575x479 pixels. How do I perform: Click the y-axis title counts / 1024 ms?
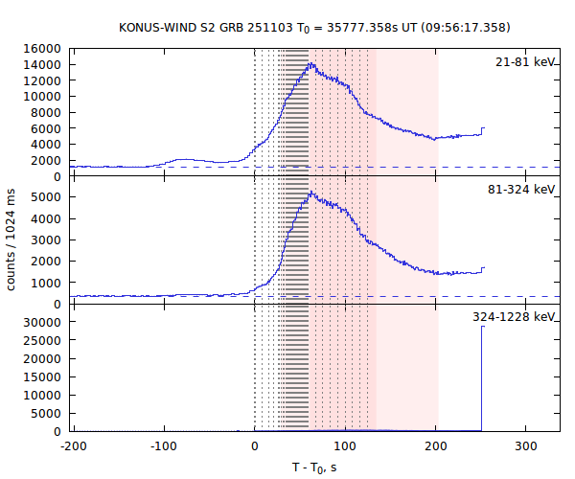12,239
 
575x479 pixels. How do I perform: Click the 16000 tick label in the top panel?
45,49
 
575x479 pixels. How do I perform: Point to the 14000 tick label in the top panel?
45,65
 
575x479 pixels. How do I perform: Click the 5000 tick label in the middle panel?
49,197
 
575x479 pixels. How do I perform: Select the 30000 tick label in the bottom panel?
45,323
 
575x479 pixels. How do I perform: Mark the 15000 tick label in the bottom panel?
45,377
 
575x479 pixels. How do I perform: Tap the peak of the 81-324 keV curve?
310,192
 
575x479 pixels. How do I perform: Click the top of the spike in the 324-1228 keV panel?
482,327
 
